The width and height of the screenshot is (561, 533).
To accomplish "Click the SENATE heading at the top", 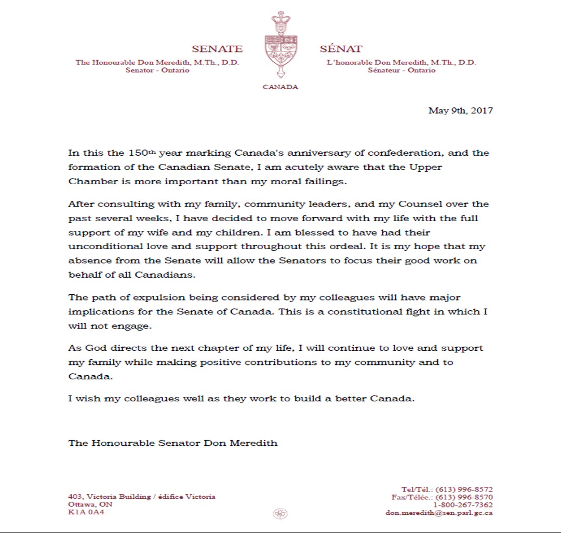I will tap(217, 49).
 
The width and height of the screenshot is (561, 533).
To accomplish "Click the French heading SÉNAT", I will tap(341, 49).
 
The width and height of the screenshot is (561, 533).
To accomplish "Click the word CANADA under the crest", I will tap(280, 87).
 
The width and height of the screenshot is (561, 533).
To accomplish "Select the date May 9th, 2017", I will tap(460, 111).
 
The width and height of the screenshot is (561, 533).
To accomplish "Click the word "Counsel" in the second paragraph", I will tap(410, 204).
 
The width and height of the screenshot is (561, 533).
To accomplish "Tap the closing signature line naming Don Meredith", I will tap(172, 443).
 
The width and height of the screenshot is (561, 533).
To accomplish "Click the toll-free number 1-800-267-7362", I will tap(463, 504).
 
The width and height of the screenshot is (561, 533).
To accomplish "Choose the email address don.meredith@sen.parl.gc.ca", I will tap(439, 513).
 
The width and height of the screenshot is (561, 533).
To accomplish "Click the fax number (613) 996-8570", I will tap(464, 497).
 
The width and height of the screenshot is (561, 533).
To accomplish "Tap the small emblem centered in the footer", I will tap(280, 513).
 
